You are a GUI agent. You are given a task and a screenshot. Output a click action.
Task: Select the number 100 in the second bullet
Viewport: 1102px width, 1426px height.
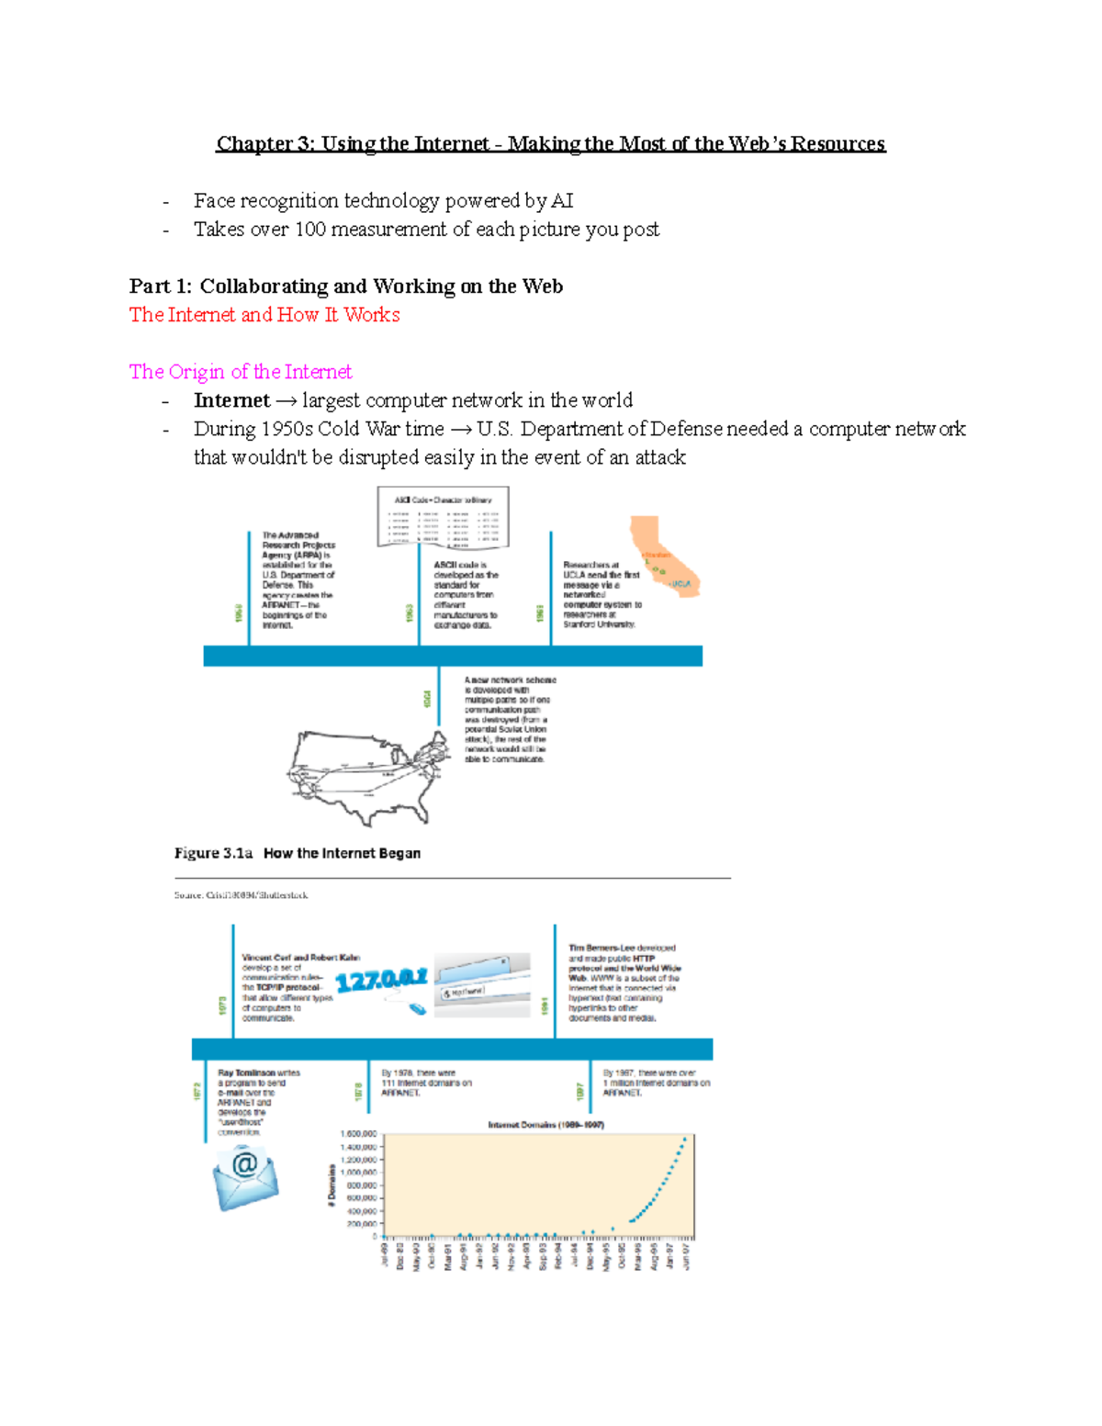[310, 230]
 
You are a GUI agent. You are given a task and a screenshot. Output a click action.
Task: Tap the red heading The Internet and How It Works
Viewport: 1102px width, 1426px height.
[264, 315]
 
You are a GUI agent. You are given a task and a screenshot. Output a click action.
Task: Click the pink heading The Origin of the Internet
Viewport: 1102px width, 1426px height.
[241, 372]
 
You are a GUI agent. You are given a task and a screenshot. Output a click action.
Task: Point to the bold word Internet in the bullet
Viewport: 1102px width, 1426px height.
[231, 400]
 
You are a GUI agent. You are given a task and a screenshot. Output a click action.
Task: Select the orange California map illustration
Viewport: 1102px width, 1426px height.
[664, 556]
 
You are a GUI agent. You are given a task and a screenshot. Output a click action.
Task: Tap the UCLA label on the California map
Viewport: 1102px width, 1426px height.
[680, 584]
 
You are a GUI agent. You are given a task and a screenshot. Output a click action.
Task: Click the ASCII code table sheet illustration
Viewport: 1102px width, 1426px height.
[444, 517]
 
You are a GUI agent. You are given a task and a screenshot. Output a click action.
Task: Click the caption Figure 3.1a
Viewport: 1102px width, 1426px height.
[213, 853]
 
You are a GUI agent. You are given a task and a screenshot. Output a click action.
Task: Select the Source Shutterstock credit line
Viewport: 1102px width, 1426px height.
[241, 895]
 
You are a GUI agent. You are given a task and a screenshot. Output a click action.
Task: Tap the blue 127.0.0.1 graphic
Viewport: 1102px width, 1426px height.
[381, 981]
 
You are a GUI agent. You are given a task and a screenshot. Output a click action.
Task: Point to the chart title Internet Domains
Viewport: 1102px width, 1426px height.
[545, 1125]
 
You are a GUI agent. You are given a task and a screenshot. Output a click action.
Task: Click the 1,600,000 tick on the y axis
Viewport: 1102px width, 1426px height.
[358, 1134]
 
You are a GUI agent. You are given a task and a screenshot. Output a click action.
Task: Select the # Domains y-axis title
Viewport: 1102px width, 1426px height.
[332, 1185]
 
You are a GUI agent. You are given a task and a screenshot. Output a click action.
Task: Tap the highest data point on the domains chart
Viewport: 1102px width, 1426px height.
[684, 1140]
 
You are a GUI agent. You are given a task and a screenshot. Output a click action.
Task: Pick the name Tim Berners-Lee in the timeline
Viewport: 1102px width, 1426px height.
[602, 948]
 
